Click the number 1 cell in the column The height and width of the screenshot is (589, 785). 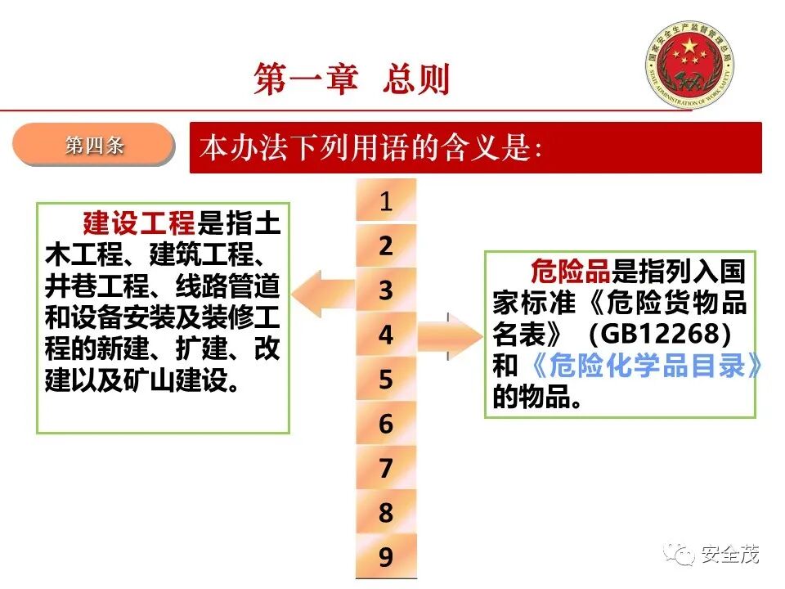[386, 201]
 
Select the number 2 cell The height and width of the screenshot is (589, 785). [386, 245]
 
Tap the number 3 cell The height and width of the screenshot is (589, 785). [386, 290]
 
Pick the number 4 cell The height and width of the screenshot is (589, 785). [386, 335]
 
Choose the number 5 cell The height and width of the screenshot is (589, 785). [386, 380]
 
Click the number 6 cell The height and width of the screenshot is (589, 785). [386, 424]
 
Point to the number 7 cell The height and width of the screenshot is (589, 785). [386, 469]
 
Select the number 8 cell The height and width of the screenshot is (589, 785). [386, 513]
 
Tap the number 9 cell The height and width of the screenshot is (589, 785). [386, 557]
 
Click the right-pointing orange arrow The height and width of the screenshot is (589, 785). [451, 335]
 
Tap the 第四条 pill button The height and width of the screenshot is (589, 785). [94, 146]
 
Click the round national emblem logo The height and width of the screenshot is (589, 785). [691, 63]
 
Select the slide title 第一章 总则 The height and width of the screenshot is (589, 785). [352, 80]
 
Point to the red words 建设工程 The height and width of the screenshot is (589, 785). [138, 223]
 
